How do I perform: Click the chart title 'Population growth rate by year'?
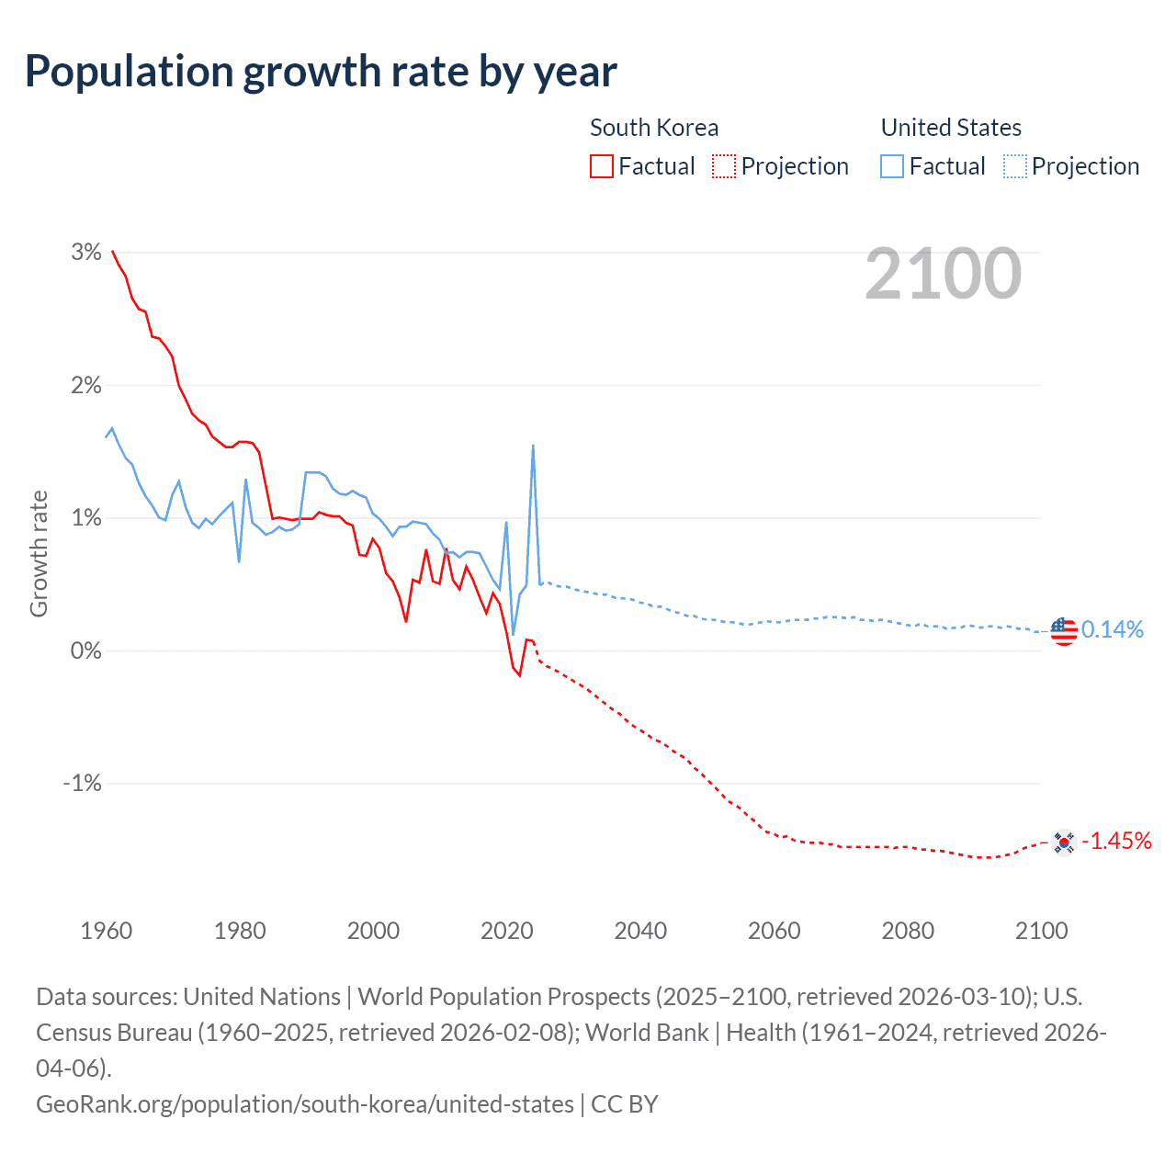(x=321, y=72)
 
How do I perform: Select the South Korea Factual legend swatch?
(x=601, y=166)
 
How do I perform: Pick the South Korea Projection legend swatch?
(x=724, y=166)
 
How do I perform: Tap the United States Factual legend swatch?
(x=891, y=166)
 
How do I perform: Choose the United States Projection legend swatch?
(x=1014, y=166)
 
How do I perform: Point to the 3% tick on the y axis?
(x=85, y=253)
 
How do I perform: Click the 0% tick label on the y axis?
(x=85, y=650)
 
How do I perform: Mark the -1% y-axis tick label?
(x=82, y=784)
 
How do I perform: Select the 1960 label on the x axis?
(x=107, y=931)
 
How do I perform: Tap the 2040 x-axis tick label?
(x=640, y=931)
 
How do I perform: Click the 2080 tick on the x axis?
(x=908, y=931)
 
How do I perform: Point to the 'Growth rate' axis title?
(x=39, y=553)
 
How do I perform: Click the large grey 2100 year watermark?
(x=943, y=274)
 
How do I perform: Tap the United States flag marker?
(x=1063, y=631)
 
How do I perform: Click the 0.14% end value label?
(x=1113, y=629)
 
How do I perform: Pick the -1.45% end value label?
(x=1116, y=841)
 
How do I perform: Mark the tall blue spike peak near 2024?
(x=533, y=447)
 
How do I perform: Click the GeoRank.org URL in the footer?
(x=304, y=1103)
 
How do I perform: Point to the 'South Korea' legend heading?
(x=654, y=128)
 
